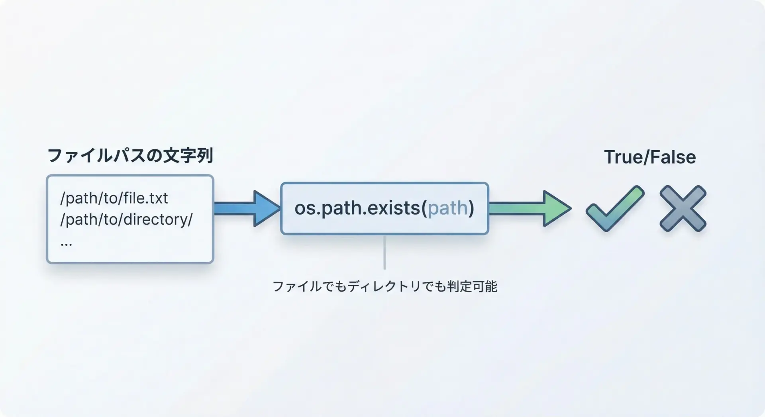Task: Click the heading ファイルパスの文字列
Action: coord(130,155)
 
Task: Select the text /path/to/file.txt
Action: coord(114,198)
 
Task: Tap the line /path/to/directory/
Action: coord(126,219)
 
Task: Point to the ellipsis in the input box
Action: coord(66,243)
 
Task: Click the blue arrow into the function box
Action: coord(247,208)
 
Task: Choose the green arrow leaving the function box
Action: coord(530,208)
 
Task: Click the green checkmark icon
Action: coord(615,208)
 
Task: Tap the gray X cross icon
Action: coord(683,208)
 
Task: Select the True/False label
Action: coord(650,157)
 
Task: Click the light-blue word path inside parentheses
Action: coord(447,208)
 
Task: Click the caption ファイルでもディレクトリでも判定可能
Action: coord(385,286)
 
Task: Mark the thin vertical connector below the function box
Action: coord(384,252)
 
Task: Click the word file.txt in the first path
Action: coord(146,198)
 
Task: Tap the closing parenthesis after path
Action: coord(471,208)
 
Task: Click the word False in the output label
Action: coord(673,157)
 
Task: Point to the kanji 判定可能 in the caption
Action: coord(473,286)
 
